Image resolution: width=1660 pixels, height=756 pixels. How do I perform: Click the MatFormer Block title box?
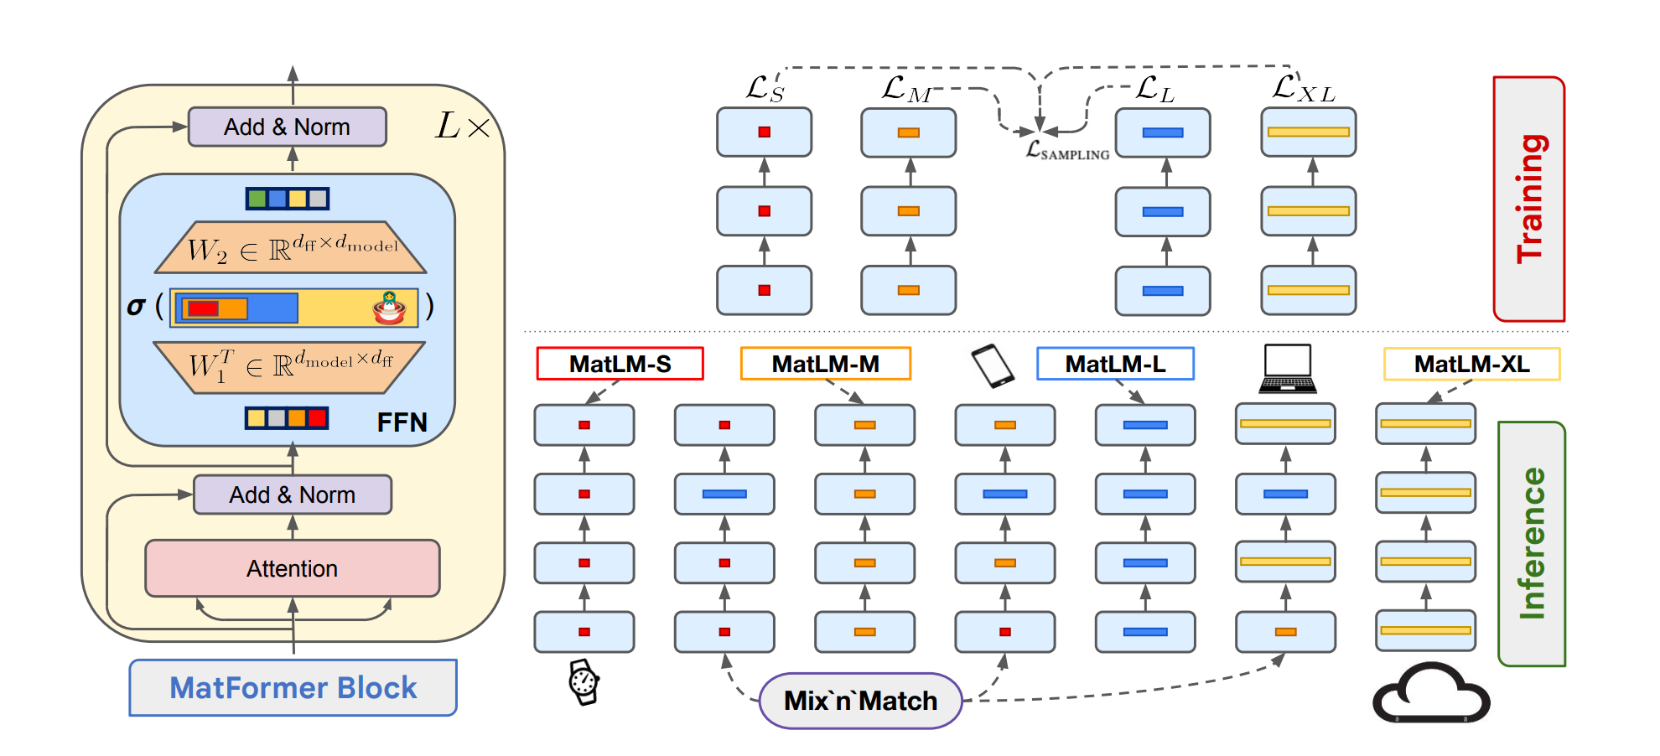293,687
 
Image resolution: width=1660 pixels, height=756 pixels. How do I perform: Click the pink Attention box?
293,568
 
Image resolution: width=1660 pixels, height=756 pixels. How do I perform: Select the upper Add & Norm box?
288,127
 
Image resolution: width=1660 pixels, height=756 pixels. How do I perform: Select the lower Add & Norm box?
293,495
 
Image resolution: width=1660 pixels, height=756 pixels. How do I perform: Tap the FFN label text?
402,422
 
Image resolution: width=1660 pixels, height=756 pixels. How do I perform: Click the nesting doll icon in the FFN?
390,308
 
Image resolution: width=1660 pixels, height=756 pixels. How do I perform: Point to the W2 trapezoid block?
291,247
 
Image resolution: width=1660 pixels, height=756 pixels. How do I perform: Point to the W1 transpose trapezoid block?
290,367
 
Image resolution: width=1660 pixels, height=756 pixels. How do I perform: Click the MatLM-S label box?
620,364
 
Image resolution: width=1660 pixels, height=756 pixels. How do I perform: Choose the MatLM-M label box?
826,364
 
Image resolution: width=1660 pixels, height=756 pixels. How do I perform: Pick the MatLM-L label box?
1116,364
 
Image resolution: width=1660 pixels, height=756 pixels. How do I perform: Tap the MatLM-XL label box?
1472,364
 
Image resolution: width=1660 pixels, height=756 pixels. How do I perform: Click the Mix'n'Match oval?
861,701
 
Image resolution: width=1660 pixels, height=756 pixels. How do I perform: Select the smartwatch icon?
584,681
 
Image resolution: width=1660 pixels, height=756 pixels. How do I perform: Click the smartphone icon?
993,366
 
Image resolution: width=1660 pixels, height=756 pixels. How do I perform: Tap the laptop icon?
1288,369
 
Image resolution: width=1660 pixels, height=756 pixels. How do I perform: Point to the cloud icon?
1431,694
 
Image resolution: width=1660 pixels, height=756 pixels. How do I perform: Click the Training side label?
1529,199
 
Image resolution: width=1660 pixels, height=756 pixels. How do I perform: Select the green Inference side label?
1532,544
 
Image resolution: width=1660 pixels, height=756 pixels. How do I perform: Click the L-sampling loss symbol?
1067,150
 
